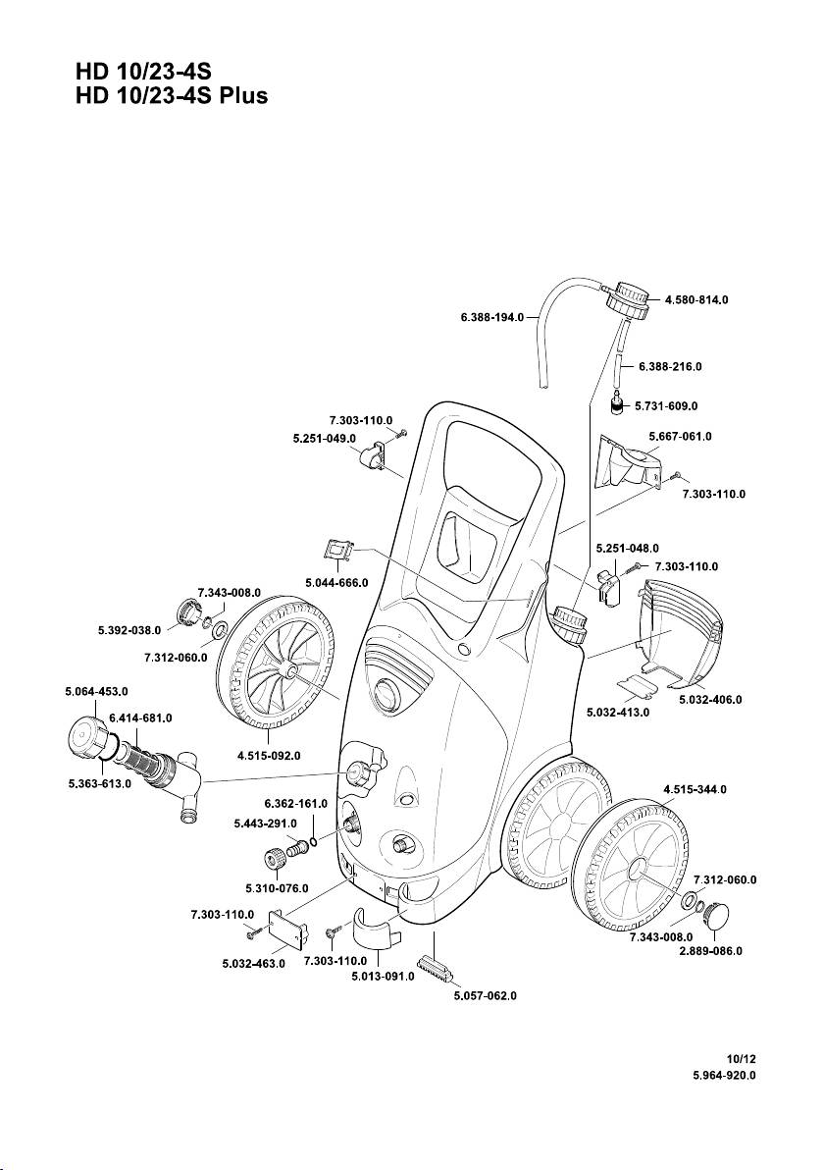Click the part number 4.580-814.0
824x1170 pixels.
point(696,298)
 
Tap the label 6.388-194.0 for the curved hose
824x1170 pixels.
point(492,318)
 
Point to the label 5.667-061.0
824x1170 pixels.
point(680,435)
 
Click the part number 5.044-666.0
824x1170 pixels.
point(336,582)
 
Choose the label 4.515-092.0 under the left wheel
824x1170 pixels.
point(269,755)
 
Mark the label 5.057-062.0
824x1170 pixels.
point(485,995)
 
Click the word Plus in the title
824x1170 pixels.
point(243,97)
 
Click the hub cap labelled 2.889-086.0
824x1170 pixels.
point(727,917)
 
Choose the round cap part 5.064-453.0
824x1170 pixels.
point(86,737)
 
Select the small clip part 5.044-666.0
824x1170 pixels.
point(338,552)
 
